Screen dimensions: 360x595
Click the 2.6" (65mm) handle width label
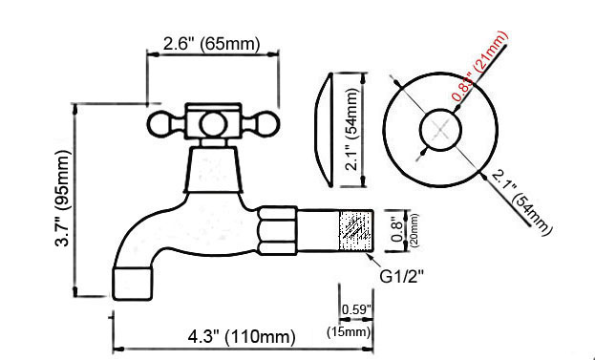[x=211, y=44]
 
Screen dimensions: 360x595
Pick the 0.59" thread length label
[x=356, y=309]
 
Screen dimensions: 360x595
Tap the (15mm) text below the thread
[x=350, y=331]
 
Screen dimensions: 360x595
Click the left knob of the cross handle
[x=161, y=124]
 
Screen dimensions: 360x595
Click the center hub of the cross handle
[x=211, y=123]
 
